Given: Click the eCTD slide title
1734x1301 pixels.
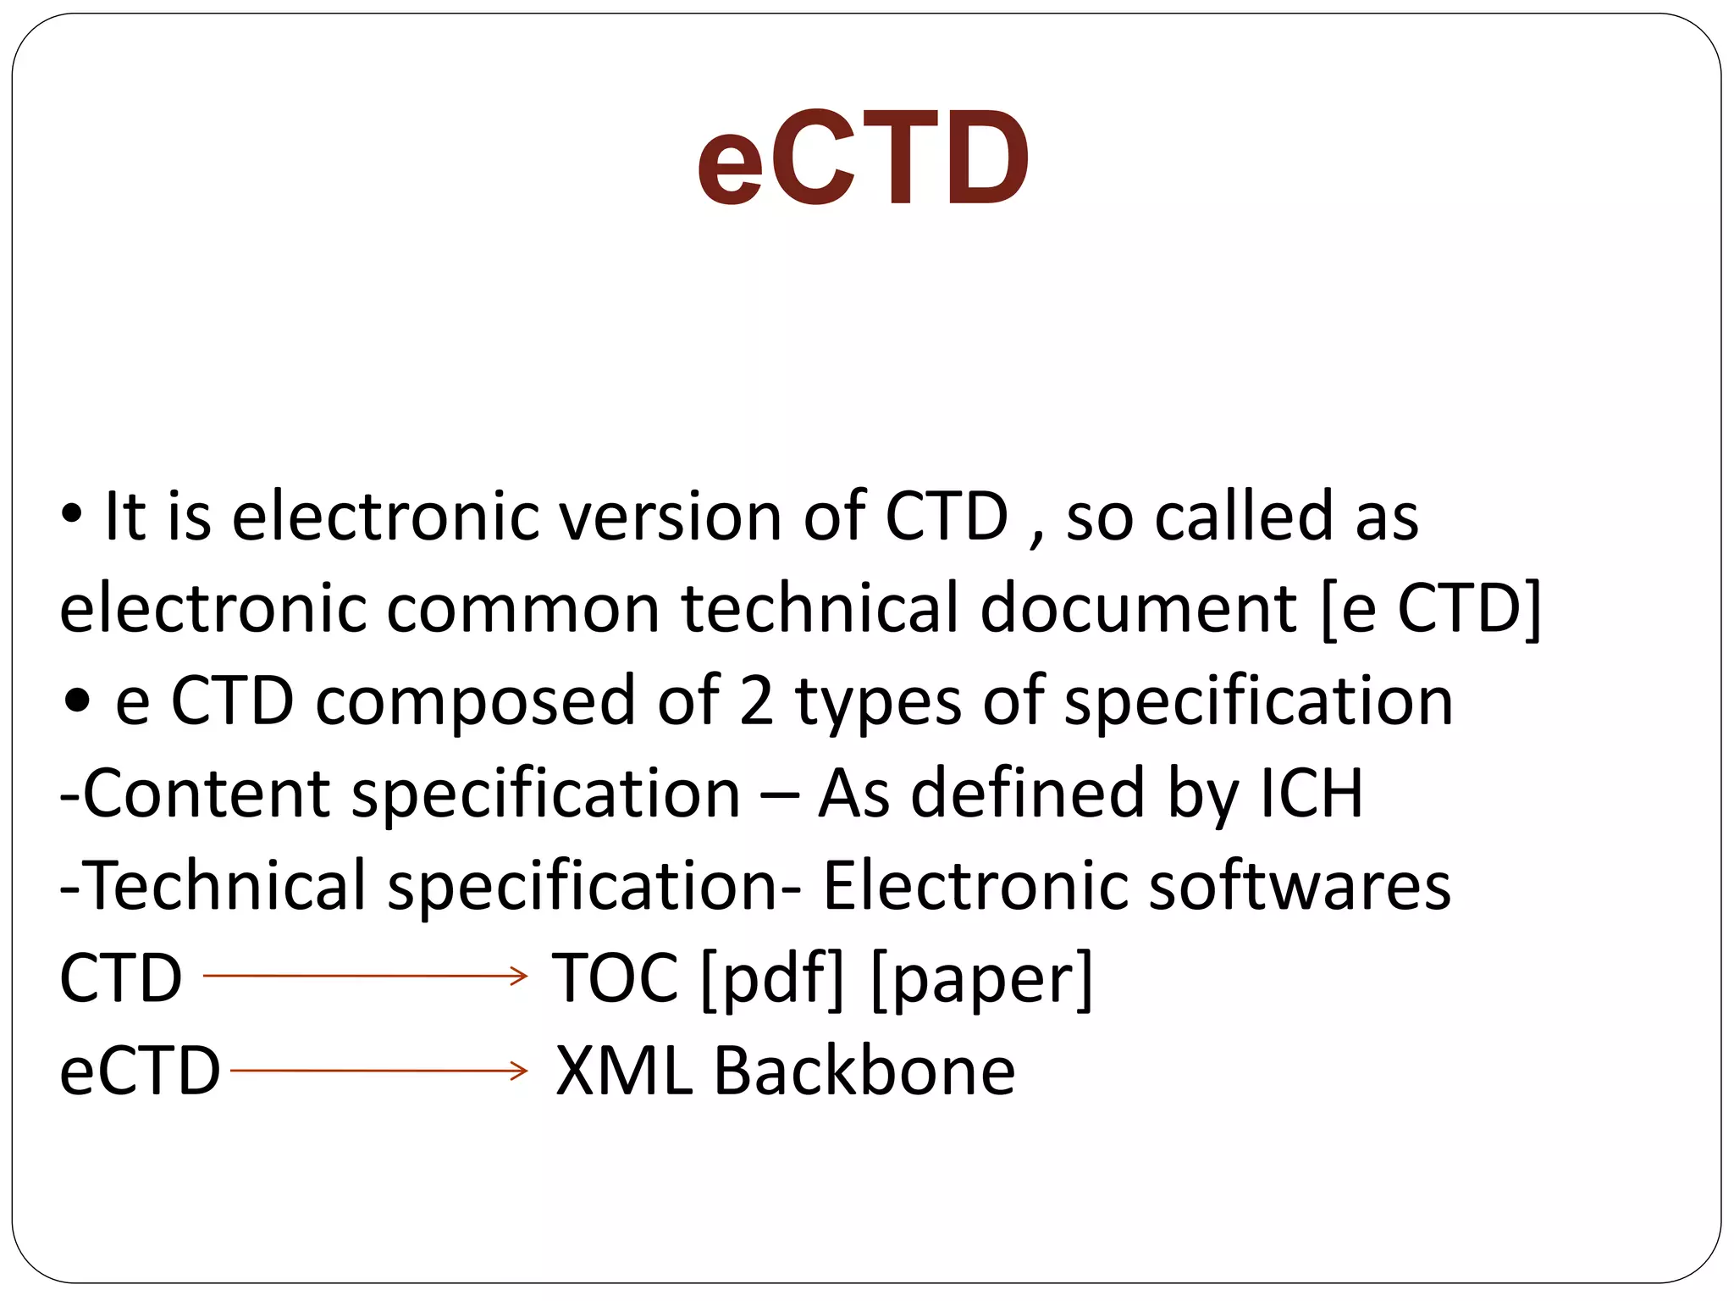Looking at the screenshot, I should (863, 159).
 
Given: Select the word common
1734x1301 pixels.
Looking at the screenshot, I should (522, 609).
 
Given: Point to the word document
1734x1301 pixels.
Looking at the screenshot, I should (1138, 609).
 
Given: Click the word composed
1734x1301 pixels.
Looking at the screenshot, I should (475, 702).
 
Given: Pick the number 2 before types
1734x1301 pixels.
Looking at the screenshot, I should (756, 702).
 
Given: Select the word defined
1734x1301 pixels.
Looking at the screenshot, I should (1027, 794).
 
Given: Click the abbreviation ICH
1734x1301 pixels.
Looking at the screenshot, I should (1312, 794).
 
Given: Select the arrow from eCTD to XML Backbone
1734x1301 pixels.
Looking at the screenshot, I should (378, 1071).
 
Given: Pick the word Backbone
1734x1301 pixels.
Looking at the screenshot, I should (864, 1071).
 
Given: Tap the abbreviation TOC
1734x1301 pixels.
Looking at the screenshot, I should (616, 978).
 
